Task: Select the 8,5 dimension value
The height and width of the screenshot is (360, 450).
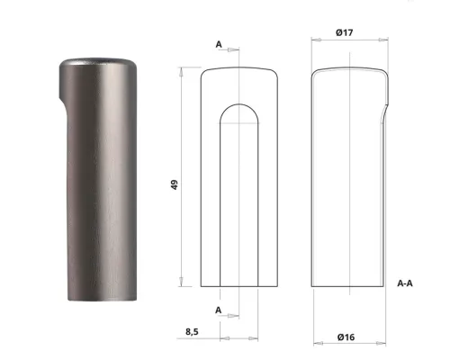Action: coord(192,331)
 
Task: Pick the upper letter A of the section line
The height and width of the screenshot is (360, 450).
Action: coord(219,43)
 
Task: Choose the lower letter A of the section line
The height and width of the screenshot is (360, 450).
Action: coord(219,309)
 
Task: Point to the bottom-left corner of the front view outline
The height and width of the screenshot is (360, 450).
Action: coord(200,286)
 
